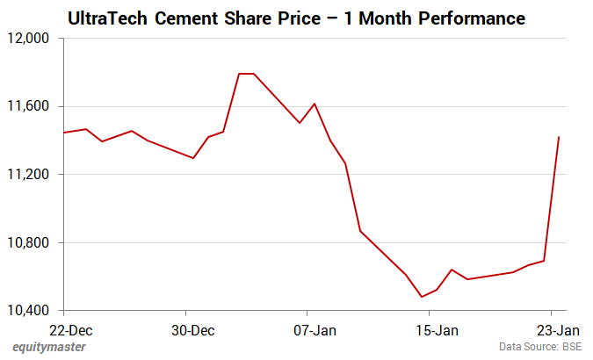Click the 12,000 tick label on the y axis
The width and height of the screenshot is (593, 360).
tap(32, 39)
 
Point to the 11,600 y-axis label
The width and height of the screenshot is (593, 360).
tap(32, 106)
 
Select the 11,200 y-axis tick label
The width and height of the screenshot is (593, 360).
tap(32, 175)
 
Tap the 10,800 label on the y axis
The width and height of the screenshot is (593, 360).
tap(32, 243)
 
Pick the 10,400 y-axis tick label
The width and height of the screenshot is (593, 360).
tap(32, 311)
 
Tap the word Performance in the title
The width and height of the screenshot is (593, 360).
tap(471, 18)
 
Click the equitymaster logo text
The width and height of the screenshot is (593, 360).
tap(48, 348)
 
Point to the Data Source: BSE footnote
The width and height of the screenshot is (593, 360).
tap(540, 348)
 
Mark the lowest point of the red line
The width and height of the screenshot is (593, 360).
tap(422, 297)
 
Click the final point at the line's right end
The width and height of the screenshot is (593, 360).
tap(559, 137)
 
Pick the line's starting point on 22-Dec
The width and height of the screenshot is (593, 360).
tap(64, 133)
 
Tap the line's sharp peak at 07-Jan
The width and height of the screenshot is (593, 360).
tap(315, 104)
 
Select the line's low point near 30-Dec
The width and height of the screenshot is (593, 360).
tap(193, 158)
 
